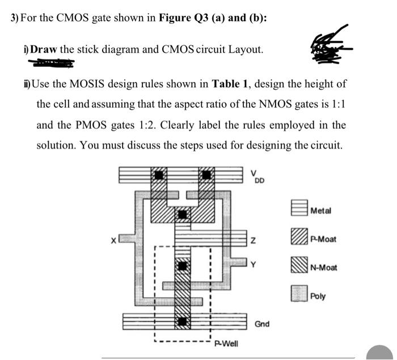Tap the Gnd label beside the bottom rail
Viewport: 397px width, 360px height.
[x=261, y=324]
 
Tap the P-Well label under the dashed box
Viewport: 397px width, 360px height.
[x=225, y=342]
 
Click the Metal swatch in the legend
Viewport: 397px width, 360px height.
[x=299, y=210]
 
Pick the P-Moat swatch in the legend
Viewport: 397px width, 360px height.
[x=299, y=238]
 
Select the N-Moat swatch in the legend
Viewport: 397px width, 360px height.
[x=299, y=266]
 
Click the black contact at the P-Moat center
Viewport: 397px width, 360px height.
[x=183, y=214]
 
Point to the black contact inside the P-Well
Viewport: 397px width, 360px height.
[x=183, y=265]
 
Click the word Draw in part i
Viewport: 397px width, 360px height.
[x=44, y=49]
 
